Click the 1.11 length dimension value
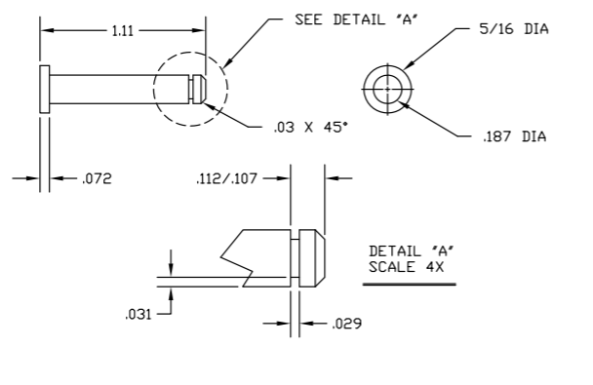pyautogui.click(x=123, y=32)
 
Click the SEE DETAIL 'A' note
pyautogui.click(x=351, y=19)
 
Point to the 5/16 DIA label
pyautogui.click(x=515, y=29)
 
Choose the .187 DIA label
pyautogui.click(x=515, y=136)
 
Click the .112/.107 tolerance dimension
pyautogui.click(x=227, y=178)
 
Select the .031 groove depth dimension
pyautogui.click(x=139, y=313)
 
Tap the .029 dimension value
pyautogui.click(x=345, y=324)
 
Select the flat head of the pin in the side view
pyautogui.click(x=44, y=89)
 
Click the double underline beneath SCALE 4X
pyautogui.click(x=409, y=284)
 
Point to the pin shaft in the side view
pyautogui.click(x=117, y=89)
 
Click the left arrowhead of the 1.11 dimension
pyautogui.click(x=44, y=32)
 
